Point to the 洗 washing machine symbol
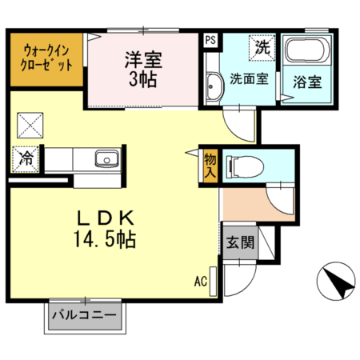point(262,47)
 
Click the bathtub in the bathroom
point(305,54)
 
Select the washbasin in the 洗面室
point(214,86)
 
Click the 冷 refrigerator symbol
point(26,158)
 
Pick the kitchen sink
point(105,158)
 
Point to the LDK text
point(110,217)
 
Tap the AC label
point(200,281)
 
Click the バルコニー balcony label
point(84,315)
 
